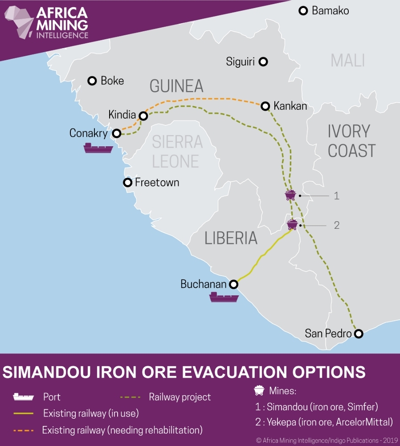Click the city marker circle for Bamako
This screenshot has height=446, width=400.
tap(303, 11)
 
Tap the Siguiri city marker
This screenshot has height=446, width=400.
tap(264, 62)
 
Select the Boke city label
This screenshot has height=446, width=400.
tap(112, 81)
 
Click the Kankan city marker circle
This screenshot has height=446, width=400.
tap(265, 106)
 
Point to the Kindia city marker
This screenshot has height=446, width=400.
tap(143, 116)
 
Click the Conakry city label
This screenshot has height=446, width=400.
tap(89, 133)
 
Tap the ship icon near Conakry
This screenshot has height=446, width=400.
tap(98, 148)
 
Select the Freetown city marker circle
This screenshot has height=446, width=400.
tap(127, 182)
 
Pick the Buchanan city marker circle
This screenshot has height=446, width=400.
tap(233, 284)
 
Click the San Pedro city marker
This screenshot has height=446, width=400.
tap(358, 333)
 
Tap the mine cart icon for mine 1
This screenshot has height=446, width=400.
tap(290, 195)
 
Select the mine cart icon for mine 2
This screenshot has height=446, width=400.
tap(292, 224)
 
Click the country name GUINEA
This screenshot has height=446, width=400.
tap(176, 86)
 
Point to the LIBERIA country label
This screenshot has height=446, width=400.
tap(231, 238)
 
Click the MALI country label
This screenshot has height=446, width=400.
tap(348, 60)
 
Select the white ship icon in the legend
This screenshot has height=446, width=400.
tap(24, 396)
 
